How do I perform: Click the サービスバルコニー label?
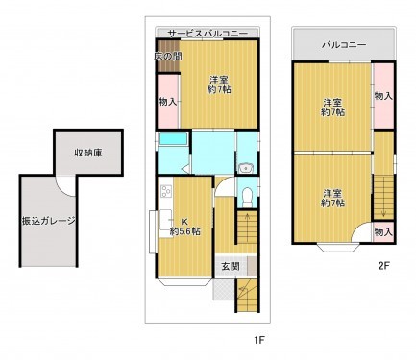coord(208,32)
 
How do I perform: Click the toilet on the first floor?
coord(247,196)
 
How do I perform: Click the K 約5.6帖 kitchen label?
coord(184,226)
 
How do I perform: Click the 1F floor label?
coord(258,339)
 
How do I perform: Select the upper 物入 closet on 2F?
coord(383,96)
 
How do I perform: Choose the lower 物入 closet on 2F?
coord(382,232)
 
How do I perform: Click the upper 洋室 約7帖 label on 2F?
coord(331,106)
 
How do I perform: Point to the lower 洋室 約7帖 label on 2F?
coord(332,196)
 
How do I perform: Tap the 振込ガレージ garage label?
coord(49,220)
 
